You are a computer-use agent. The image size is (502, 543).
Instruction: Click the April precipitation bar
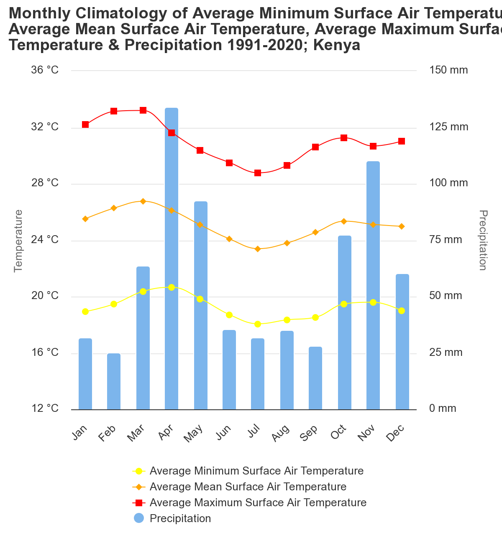(172, 259)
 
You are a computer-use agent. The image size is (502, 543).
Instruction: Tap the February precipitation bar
(114, 381)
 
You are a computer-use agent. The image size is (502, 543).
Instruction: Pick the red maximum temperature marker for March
(143, 110)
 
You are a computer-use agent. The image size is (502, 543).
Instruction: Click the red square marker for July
(258, 173)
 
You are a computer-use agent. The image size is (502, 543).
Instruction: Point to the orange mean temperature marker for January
(85, 219)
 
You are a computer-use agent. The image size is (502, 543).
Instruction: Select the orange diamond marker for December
(402, 226)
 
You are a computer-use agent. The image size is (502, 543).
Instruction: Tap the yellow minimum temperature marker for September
(315, 317)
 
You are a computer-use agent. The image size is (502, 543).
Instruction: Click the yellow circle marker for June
(229, 315)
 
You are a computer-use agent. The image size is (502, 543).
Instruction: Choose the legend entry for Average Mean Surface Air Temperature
(248, 487)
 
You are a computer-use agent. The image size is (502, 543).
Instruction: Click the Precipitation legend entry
(180, 518)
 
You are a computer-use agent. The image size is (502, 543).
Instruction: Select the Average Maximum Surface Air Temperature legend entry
(258, 502)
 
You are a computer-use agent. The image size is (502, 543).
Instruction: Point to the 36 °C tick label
(45, 70)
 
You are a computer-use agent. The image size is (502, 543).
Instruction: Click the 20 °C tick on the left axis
(45, 296)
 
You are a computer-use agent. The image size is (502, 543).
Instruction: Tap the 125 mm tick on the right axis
(448, 127)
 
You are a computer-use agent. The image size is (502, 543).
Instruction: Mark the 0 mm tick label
(443, 409)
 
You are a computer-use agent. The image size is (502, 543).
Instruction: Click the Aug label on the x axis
(281, 433)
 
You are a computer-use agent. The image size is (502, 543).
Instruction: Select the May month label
(194, 433)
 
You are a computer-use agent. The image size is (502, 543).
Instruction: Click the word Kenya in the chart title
(337, 45)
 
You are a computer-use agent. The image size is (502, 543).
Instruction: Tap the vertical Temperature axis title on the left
(18, 241)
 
